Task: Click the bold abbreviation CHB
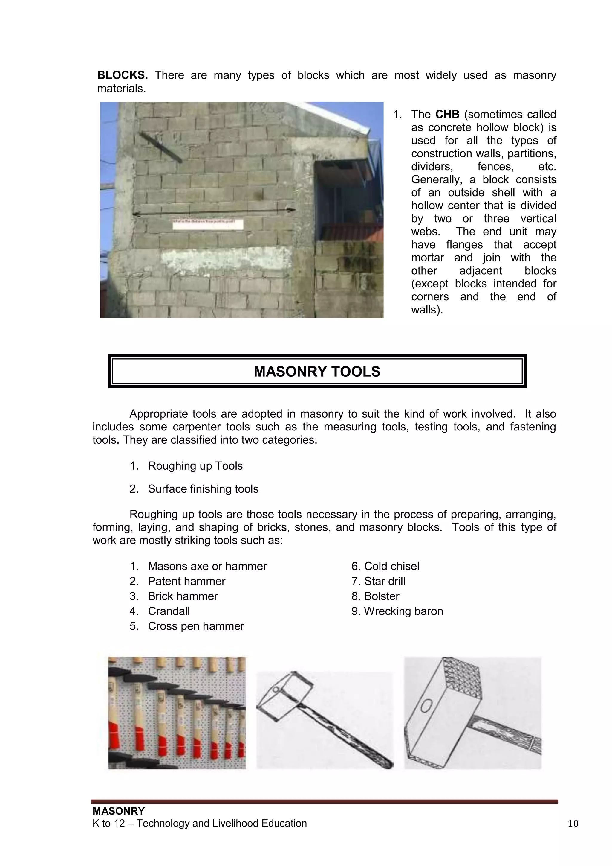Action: click(x=447, y=114)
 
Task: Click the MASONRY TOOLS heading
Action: click(x=317, y=372)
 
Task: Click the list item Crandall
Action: click(x=169, y=611)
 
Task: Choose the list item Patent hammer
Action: click(x=186, y=581)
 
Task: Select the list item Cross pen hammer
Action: click(x=196, y=626)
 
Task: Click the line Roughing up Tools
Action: click(x=195, y=466)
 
